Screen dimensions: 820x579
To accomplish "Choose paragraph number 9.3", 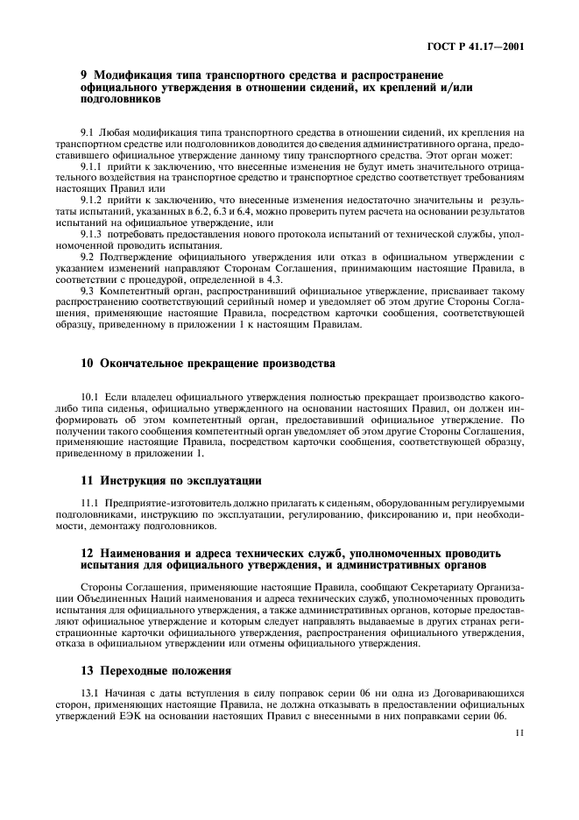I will pyautogui.click(x=88, y=289).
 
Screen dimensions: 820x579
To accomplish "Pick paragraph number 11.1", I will pyautogui.click(x=91, y=503).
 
